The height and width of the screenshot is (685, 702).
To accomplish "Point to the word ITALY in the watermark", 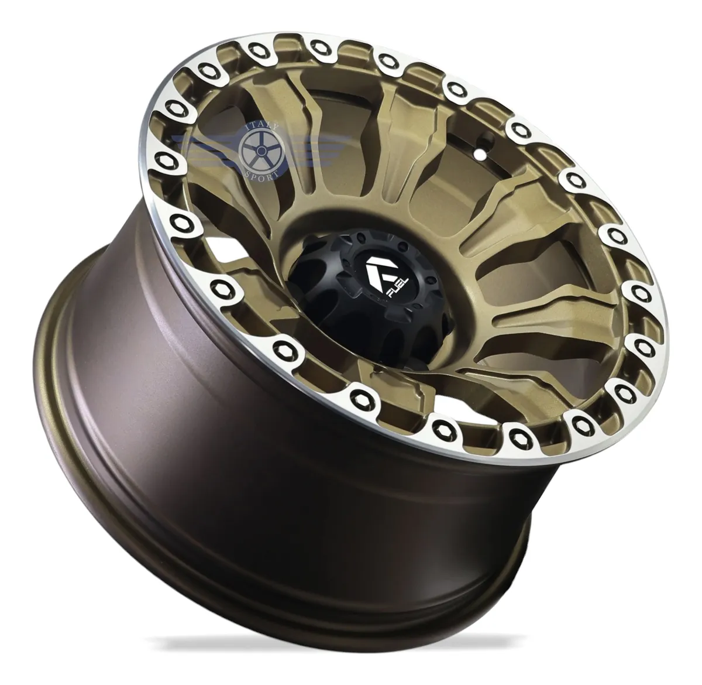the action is [261, 127].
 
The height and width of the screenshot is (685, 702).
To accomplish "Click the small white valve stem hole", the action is [480, 154].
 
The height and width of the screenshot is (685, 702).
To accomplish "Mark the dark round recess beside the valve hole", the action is [488, 139].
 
